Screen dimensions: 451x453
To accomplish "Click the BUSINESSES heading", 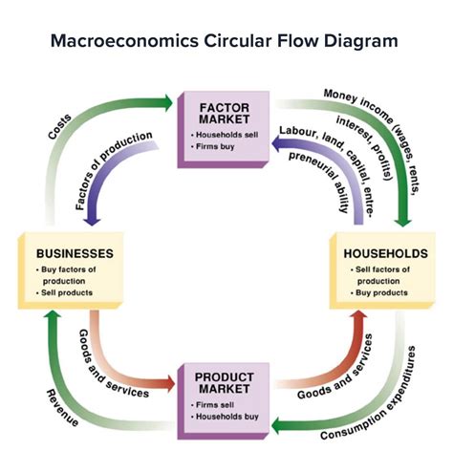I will pos(75,254).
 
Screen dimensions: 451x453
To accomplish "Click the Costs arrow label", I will pos(63,125).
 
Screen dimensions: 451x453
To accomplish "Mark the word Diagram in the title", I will pos(364,42).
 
